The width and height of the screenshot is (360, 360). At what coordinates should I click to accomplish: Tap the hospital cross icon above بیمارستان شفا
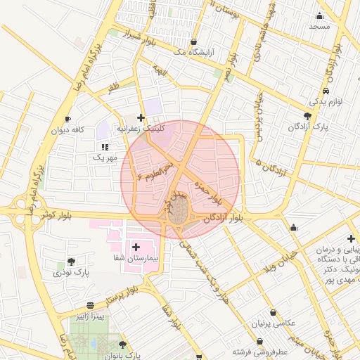[136, 247]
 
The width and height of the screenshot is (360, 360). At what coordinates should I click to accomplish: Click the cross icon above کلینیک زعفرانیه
[141, 118]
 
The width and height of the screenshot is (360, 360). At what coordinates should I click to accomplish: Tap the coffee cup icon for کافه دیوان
[67, 119]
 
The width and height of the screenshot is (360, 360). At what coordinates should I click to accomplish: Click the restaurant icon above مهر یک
[105, 147]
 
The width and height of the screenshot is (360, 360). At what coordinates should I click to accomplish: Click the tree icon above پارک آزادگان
[307, 116]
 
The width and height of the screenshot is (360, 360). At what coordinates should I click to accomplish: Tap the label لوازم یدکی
[325, 102]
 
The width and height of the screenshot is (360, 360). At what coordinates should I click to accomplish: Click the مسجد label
[319, 25]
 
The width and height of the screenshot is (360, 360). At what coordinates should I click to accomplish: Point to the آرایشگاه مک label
[193, 53]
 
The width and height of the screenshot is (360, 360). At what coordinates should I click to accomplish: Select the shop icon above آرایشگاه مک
[193, 42]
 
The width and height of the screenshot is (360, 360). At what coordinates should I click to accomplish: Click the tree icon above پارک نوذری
[70, 262]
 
